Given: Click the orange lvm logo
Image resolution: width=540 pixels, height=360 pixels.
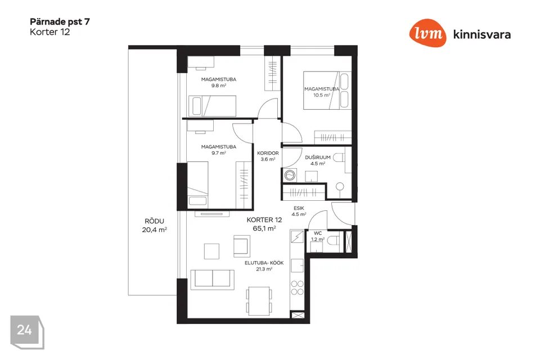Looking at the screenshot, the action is coord(427,33).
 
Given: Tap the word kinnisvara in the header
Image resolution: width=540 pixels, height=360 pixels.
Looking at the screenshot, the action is coord(482,34).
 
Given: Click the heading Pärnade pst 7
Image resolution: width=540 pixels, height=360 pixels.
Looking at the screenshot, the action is coord(60,22).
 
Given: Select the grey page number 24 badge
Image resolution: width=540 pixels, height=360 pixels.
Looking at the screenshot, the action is coord(27,332).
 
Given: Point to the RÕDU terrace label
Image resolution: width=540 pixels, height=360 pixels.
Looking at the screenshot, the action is coord(154,221).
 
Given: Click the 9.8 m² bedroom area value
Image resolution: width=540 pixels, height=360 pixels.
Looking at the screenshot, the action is coord(219,85).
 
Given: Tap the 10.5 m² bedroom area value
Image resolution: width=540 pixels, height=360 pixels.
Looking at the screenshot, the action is coord(322,95).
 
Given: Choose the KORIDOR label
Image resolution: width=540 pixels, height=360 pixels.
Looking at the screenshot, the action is coord(268,153).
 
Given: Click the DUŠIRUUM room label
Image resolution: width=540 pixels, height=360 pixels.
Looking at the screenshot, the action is coord(317,157).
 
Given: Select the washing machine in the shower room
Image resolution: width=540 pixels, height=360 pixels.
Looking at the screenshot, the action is coord(290,175).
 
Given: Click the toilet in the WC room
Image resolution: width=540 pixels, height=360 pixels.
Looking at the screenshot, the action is coord(332,240).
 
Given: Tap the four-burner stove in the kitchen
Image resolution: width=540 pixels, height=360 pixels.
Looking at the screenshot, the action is coord(297,287).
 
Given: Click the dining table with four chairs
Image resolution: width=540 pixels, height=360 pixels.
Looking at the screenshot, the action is coord(259,300).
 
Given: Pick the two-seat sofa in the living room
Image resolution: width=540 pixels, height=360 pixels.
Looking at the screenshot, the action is coord(213,278).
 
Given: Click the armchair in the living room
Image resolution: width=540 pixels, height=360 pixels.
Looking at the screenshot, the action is coord(242,246).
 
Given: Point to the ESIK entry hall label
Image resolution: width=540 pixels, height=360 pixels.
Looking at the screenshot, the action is coord(299,208).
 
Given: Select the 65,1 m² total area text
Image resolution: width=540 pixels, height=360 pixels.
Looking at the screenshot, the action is coord(264,228).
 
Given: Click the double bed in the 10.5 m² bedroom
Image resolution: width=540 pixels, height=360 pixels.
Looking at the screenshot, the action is coord(327,90).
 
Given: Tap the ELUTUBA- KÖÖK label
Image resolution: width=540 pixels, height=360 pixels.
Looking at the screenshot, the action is coord(264,263).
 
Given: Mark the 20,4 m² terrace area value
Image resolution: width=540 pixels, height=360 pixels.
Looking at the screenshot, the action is coord(154,229).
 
